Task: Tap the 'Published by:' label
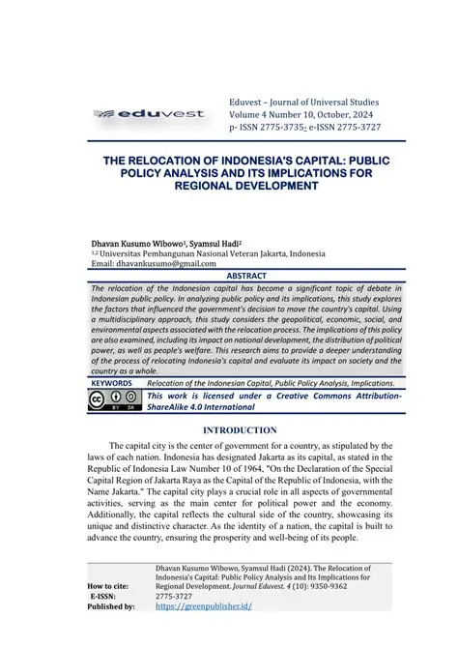[111, 606]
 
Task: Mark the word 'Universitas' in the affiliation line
[125, 252]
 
